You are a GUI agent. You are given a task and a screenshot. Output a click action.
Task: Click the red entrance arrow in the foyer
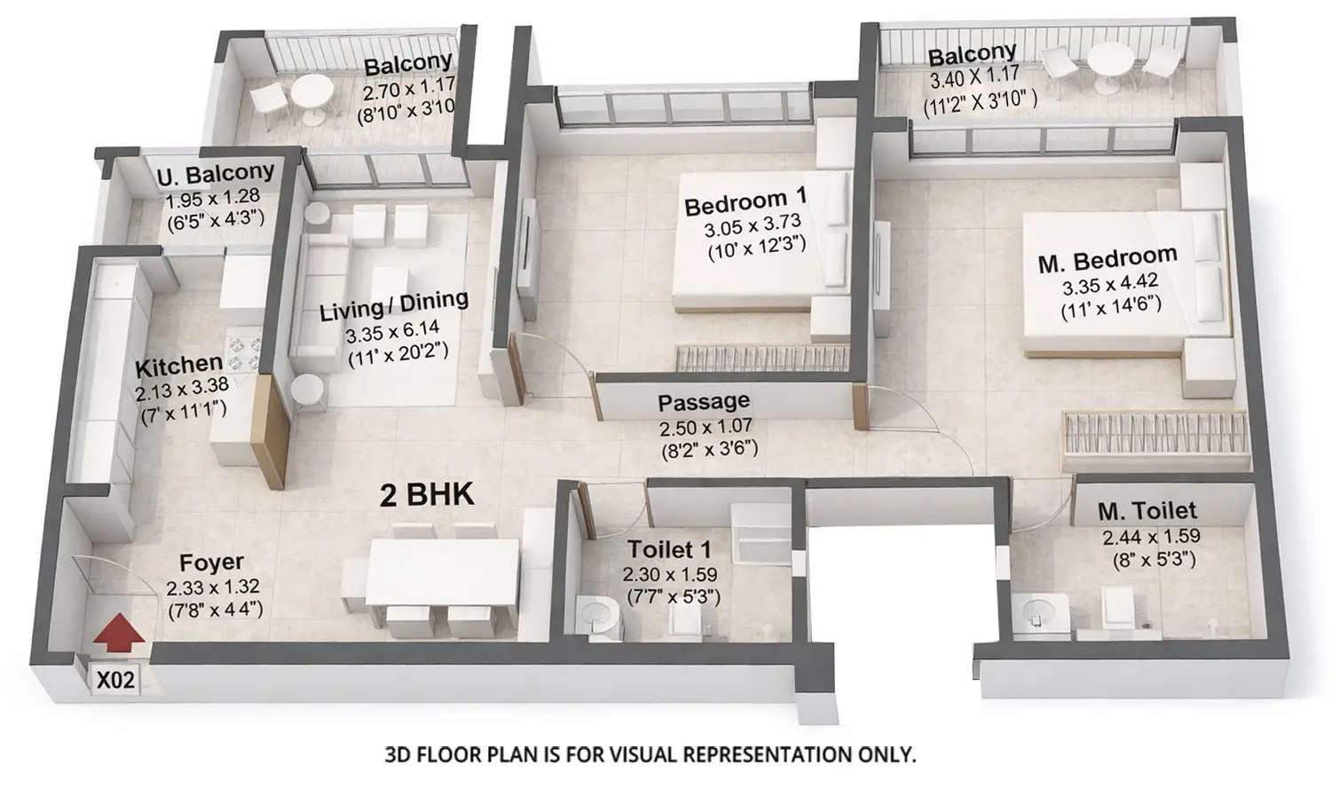(118, 634)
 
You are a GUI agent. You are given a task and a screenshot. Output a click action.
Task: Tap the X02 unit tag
(115, 682)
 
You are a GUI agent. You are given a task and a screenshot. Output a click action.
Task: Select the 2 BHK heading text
(427, 494)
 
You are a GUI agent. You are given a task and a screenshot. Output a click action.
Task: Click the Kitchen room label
(178, 365)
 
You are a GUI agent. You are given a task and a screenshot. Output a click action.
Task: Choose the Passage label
(703, 402)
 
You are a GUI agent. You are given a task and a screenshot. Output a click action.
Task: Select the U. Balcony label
(216, 173)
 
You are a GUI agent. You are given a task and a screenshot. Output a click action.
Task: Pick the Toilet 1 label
(669, 549)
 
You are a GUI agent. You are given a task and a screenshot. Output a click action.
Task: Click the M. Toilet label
(1147, 511)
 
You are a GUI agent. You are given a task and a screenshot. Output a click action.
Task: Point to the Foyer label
(211, 563)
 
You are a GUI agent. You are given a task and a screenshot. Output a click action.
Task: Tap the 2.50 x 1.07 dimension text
(705, 428)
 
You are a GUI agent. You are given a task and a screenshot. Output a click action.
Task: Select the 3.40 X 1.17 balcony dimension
(973, 78)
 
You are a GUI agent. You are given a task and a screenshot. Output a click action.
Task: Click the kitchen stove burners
(244, 351)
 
